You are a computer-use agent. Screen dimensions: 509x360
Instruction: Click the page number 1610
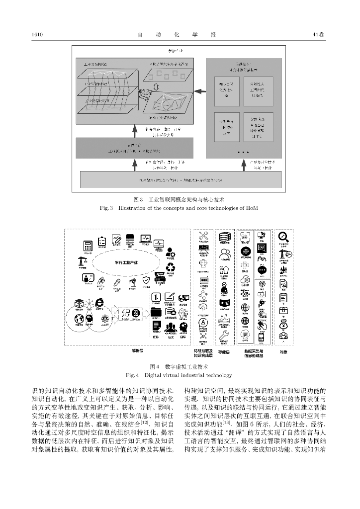pos(38,34)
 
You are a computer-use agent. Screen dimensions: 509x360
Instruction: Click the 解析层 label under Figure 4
pos(138,350)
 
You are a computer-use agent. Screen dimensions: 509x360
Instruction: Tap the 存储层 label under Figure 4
pos(224,351)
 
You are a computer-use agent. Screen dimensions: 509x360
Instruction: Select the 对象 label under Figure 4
pos(283,351)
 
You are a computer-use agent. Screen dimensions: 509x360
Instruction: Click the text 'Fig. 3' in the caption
pos(107,207)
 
